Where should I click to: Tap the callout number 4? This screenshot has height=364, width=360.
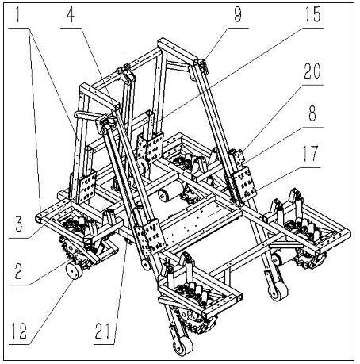point(71,16)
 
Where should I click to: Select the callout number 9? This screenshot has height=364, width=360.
point(238,16)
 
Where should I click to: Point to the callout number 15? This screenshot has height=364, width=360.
point(312,15)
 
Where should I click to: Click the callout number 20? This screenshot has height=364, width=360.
point(312,71)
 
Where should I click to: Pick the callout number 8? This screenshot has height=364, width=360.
point(312,114)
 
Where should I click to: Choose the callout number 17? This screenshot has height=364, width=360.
point(310,154)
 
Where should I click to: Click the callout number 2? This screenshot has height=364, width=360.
point(18,271)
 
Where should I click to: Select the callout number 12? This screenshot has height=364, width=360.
point(19,331)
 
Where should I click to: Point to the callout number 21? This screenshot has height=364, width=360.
point(102,331)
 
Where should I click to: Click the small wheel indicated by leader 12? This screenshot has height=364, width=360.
point(73,271)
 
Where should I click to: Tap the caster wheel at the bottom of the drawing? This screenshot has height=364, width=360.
point(183,346)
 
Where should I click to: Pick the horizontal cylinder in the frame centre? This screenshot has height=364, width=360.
point(172,191)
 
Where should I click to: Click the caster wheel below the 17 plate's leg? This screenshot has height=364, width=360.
point(278,291)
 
